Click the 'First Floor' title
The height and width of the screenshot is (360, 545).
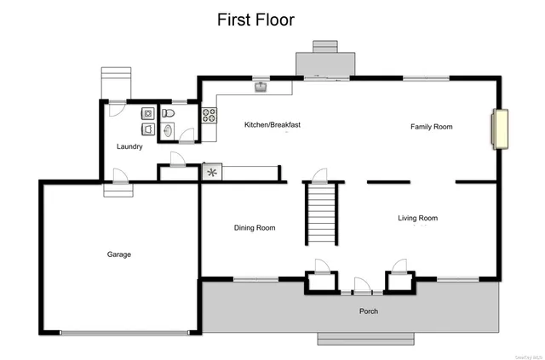pos(255,19)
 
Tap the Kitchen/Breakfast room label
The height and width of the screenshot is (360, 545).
pos(272,125)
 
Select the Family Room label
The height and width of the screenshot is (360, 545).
pos(431,127)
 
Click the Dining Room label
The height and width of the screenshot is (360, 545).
pos(255,227)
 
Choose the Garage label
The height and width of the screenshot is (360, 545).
pos(118,254)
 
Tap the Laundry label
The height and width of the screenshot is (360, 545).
pos(129,146)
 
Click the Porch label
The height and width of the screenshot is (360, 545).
pos(369,311)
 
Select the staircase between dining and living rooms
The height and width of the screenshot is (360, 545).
pos(322,212)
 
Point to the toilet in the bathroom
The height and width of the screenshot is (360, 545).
pos(169,113)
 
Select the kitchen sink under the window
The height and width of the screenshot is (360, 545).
pos(260,86)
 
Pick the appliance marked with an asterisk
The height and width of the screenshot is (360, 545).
pos(211,172)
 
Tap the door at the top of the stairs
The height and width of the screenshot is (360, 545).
pos(320,175)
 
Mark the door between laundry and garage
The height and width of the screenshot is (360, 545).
pos(120,177)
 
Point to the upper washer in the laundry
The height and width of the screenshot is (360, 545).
pos(147,113)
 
